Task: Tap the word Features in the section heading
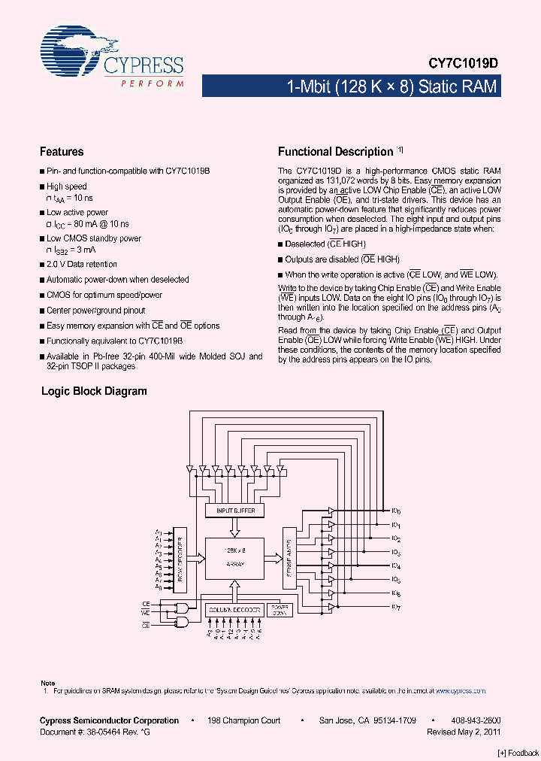[62, 152]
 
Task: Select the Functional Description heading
[335, 152]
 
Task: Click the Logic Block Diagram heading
[94, 391]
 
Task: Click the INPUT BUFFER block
[235, 511]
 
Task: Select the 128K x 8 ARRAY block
[235, 558]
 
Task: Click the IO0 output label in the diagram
[396, 511]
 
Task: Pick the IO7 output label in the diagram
[396, 607]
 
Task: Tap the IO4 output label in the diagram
[396, 565]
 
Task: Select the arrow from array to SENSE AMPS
[274, 558]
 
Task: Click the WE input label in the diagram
[146, 613]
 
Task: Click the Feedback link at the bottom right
[518, 752]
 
